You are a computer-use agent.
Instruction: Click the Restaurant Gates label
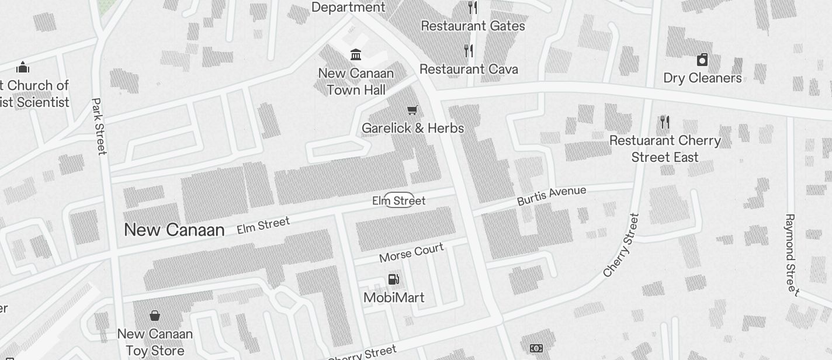point(473,26)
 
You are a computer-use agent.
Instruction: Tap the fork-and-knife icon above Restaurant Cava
point(469,51)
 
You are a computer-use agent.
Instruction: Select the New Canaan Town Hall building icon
point(355,55)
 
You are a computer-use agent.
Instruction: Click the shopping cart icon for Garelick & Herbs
point(412,110)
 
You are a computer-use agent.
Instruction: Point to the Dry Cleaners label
point(702,78)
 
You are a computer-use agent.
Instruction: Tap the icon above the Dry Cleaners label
point(702,60)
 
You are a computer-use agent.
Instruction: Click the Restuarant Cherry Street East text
point(665,149)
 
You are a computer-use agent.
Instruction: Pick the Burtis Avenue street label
point(551,196)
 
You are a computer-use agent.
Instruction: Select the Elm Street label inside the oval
point(399,200)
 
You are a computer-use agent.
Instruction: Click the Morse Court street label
point(411,253)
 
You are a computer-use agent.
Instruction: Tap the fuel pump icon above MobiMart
point(394,279)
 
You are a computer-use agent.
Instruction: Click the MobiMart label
point(394,297)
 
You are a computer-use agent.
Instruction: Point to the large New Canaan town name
point(174,230)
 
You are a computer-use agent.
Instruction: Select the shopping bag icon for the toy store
point(155,316)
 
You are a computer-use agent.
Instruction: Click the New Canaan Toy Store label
point(155,342)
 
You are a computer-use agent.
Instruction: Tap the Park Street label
point(99,126)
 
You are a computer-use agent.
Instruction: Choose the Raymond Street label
point(791,254)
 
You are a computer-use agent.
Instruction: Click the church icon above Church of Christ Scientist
point(23,67)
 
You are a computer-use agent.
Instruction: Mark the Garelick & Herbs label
point(412,129)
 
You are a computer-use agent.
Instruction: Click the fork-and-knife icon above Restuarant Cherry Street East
point(664,122)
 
